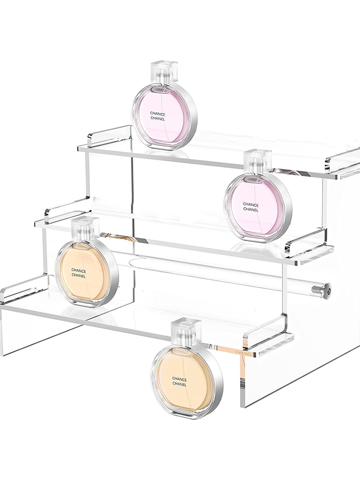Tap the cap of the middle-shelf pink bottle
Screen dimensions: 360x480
[257, 161]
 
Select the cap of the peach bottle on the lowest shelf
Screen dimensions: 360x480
[86, 228]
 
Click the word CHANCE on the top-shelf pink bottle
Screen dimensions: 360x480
[157, 114]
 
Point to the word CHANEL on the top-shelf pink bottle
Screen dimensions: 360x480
[157, 119]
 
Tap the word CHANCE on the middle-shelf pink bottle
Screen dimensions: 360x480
[251, 204]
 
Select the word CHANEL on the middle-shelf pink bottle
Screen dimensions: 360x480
[251, 210]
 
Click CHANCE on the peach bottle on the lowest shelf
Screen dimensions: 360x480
[79, 271]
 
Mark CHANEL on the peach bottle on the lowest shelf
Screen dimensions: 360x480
[79, 276]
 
